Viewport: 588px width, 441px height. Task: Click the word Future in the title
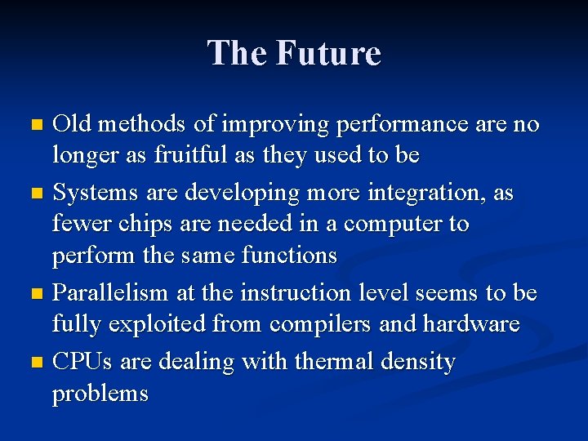click(x=328, y=53)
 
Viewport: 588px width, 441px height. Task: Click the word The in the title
click(x=238, y=53)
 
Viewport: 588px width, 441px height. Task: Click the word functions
click(x=289, y=256)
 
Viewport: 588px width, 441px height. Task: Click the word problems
click(x=100, y=394)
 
